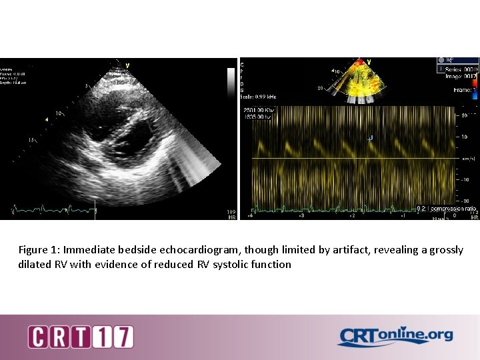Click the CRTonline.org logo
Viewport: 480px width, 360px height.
pyautogui.click(x=395, y=337)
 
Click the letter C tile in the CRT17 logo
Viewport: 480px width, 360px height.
pyautogui.click(x=38, y=337)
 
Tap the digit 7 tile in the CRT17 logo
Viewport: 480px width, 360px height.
pyautogui.click(x=123, y=337)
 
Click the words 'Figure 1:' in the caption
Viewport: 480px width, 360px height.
pyautogui.click(x=39, y=250)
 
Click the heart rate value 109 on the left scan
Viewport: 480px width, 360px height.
pyautogui.click(x=231, y=213)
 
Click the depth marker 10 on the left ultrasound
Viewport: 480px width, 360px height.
pyautogui.click(x=59, y=113)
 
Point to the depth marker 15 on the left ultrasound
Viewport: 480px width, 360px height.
pyautogui.click(x=31, y=140)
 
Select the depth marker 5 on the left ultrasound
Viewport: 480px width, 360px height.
pyautogui.click(x=87, y=86)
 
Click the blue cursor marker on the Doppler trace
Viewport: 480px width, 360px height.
pyautogui.click(x=370, y=138)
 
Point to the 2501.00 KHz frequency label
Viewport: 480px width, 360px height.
pyautogui.click(x=259, y=109)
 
